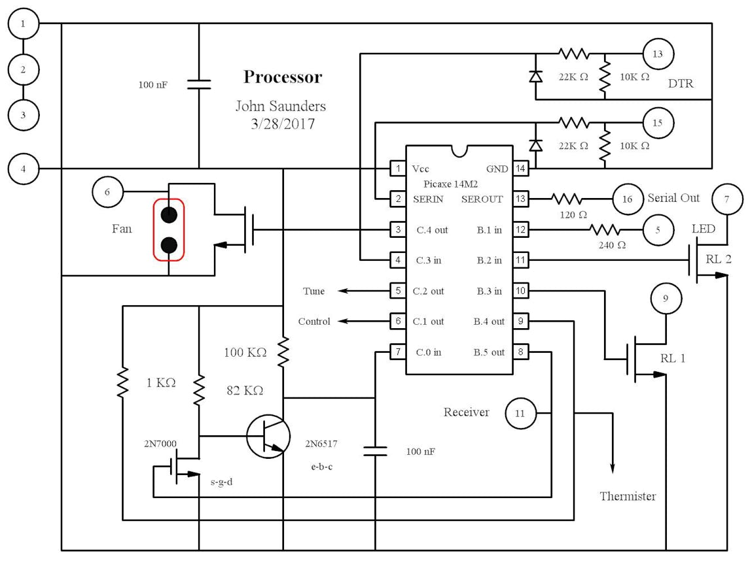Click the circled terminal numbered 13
tap(658, 54)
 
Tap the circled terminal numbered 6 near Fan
tap(109, 191)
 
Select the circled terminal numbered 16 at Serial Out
tap(628, 199)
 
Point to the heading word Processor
tap(283, 77)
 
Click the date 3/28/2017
tap(282, 124)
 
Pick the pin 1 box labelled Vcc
tap(398, 169)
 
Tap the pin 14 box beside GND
tap(520, 169)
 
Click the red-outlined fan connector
tap(169, 229)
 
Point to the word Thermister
tap(628, 496)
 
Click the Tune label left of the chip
tap(313, 291)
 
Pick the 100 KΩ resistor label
tap(245, 352)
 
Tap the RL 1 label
tap(673, 358)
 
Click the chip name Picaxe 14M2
tap(450, 184)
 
